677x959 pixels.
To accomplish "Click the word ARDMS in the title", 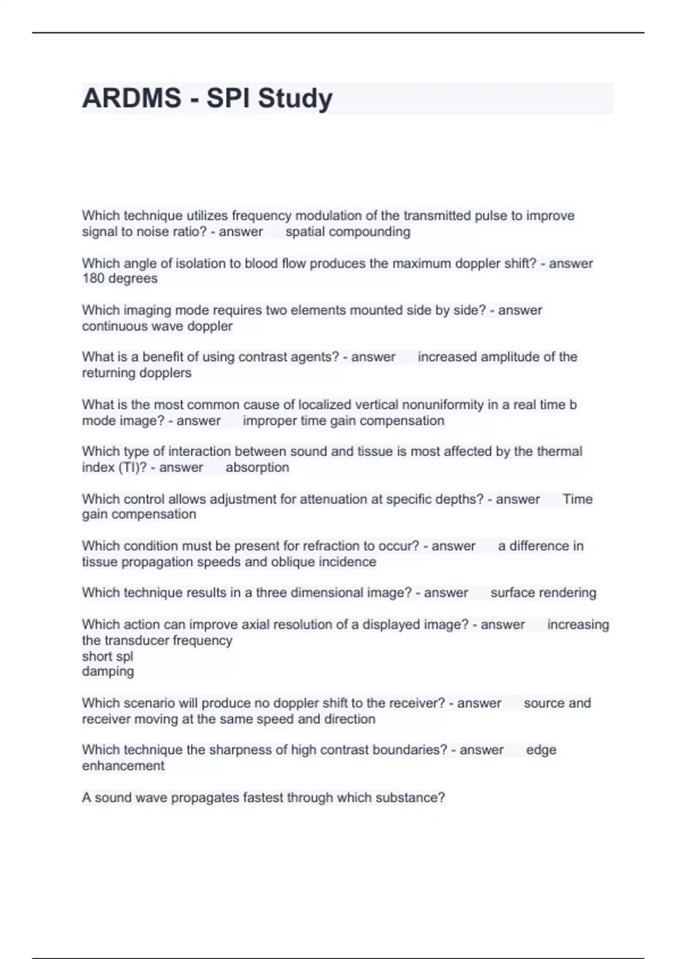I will point(131,98).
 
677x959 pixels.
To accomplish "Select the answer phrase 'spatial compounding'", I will point(348,232).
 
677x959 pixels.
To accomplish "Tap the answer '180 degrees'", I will point(120,279).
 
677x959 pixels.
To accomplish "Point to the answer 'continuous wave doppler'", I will point(157,326).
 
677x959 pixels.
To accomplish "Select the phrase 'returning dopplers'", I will point(137,373).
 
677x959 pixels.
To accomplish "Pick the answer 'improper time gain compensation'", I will point(343,421).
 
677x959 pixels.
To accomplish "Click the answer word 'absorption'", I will point(257,468).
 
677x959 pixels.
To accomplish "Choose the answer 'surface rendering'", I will point(543,593).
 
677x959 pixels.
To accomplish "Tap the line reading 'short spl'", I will point(107,657).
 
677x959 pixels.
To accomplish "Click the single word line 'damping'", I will point(108,672).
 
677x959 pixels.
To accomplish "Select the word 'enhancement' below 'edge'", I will point(123,766).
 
